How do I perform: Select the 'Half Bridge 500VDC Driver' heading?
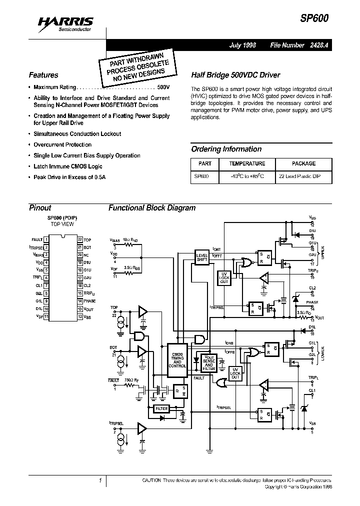pyautogui.click(x=232, y=74)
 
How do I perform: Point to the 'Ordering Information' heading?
pyautogui.click(x=226, y=149)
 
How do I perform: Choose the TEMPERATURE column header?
pyautogui.click(x=247, y=163)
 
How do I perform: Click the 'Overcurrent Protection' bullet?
pyautogui.click(x=62, y=145)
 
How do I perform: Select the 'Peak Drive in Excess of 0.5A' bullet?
pyautogui.click(x=69, y=177)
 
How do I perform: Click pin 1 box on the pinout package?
pyautogui.click(x=46, y=240)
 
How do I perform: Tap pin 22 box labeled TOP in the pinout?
pyautogui.click(x=79, y=240)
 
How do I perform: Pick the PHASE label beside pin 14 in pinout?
pyautogui.click(x=89, y=301)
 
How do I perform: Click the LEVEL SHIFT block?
pyautogui.click(x=202, y=258)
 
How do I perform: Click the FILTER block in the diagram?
pyautogui.click(x=162, y=408)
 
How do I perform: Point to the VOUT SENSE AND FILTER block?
pyautogui.click(x=209, y=364)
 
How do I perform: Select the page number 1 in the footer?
pyautogui.click(x=100, y=480)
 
